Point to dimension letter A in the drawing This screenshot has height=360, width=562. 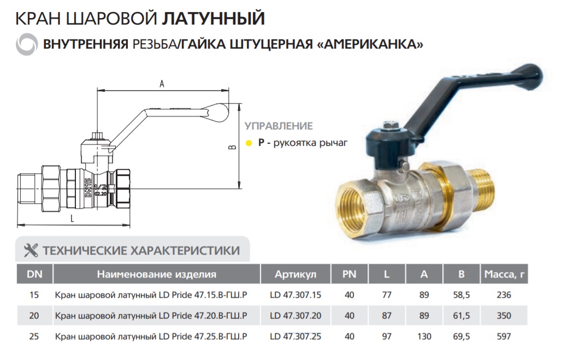tap(162, 84)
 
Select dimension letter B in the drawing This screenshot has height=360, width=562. tap(231, 147)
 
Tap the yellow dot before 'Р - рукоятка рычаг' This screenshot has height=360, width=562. tap(249, 144)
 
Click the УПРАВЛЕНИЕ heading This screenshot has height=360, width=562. tap(279, 126)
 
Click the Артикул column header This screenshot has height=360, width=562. tap(295, 274)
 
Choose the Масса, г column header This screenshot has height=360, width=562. tap(504, 274)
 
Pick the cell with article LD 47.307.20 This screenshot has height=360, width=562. tap(295, 315)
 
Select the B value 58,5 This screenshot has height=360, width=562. tap(462, 295)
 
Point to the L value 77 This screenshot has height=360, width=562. tap(387, 295)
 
